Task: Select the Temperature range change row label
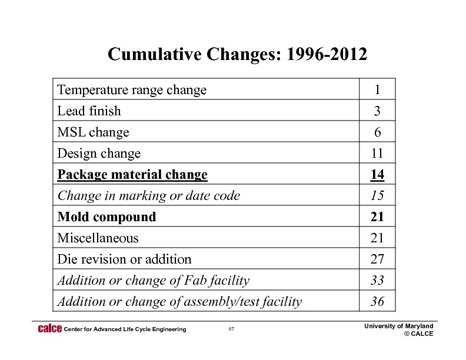(132, 90)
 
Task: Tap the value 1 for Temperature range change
(377, 90)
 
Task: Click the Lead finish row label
(89, 111)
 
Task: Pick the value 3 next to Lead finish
(377, 111)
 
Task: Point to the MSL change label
(93, 132)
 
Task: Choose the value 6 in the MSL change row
(377, 132)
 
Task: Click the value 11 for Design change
(377, 154)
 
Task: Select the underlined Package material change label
(132, 175)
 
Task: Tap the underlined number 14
(377, 175)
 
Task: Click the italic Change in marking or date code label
(148, 196)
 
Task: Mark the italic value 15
(377, 196)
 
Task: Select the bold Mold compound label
(106, 217)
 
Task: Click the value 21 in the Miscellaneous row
(377, 238)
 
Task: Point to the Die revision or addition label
(124, 259)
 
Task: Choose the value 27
(377, 259)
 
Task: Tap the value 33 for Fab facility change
(377, 281)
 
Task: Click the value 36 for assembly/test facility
(377, 302)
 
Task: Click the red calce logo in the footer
(49, 328)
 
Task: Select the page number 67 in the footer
(232, 329)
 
